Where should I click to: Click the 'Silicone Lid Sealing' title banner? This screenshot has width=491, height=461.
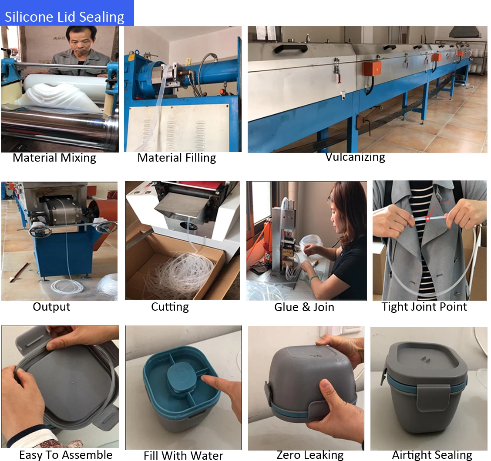pos(65,17)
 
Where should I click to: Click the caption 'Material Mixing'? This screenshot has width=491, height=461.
pos(54,158)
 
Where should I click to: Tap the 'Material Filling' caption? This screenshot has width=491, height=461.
pos(177,158)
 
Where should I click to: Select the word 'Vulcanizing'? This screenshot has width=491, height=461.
pos(355,157)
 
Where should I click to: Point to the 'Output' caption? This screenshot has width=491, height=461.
pos(51,307)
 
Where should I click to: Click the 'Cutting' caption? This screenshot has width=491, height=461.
pos(170,307)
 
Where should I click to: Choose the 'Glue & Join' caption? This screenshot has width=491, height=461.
pos(304,307)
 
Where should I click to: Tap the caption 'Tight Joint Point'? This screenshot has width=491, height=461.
pos(424,307)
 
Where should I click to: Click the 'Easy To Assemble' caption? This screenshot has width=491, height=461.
pos(66,455)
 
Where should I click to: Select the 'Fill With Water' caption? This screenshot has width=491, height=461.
pos(183,456)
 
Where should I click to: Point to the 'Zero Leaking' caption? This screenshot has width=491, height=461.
pos(310,455)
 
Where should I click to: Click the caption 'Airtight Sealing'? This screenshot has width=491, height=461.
pos(432,455)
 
